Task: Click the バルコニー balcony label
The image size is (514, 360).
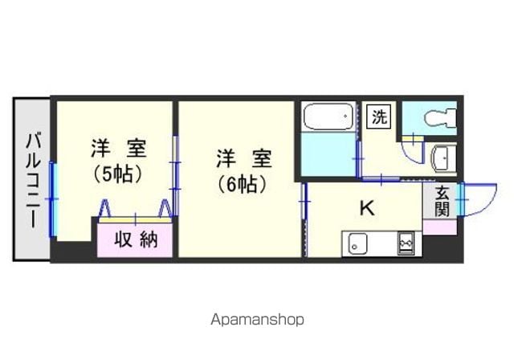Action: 33,180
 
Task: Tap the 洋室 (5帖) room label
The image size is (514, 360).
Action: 119,161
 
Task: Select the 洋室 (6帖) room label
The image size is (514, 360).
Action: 243,171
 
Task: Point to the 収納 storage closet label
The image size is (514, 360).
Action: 136,239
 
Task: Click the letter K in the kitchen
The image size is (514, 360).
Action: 367,208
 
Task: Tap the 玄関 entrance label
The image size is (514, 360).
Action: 442,202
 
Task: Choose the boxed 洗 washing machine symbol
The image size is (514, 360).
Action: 379,116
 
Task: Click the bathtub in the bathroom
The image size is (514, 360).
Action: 328,117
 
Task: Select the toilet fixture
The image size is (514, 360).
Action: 440,118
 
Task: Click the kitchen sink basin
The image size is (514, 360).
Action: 357,243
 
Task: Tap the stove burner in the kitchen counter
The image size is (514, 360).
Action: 406,243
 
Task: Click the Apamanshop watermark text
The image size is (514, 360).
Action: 257,319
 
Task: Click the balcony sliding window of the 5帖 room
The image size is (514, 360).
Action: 52,199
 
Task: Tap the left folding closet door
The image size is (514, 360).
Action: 105,208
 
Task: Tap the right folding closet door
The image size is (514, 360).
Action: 165,208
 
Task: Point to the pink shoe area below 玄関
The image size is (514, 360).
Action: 440,227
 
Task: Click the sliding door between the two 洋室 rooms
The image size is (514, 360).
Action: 176,175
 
